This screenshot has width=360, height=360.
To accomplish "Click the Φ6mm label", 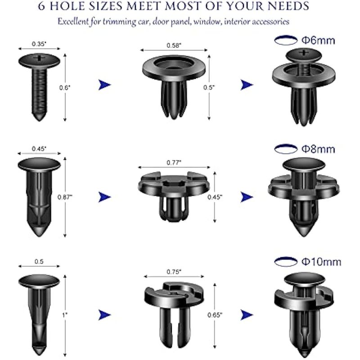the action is pyautogui.click(x=318, y=40).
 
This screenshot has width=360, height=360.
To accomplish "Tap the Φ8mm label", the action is pyautogui.click(x=318, y=149).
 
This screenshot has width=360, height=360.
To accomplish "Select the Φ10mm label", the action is pyautogui.click(x=321, y=262).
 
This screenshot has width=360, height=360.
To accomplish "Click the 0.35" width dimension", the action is pyautogui.click(x=39, y=44).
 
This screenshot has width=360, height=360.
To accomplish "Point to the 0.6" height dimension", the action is pyautogui.click(x=65, y=87).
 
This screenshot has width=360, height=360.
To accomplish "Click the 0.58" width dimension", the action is pyautogui.click(x=174, y=45).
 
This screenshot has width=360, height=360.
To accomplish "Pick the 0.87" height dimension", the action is pyautogui.click(x=65, y=197).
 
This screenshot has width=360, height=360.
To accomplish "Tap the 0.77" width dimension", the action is pyautogui.click(x=174, y=163).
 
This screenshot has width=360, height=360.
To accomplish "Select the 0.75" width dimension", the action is pyautogui.click(x=174, y=272).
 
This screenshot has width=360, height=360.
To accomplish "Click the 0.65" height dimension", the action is pyautogui.click(x=215, y=315).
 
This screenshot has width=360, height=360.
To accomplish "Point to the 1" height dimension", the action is pyautogui.click(x=65, y=315).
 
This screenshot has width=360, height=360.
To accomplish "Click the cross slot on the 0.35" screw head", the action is pyautogui.click(x=40, y=58).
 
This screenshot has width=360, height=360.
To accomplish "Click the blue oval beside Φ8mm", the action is pyautogui.click(x=286, y=149).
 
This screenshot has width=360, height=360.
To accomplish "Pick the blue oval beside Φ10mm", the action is pyautogui.click(x=286, y=262).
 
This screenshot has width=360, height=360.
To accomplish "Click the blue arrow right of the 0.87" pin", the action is pyautogui.click(x=104, y=197).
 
